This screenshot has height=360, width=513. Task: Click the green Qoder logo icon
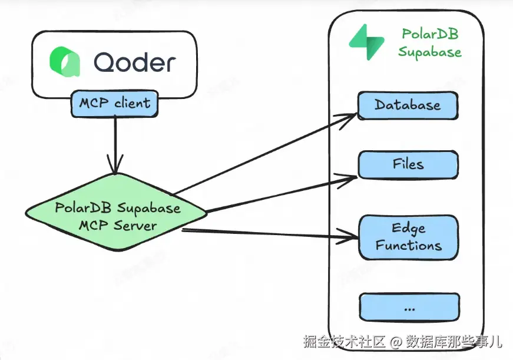coord(64,62)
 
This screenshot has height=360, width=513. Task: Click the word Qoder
coord(134,62)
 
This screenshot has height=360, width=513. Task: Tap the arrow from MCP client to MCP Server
coord(114,141)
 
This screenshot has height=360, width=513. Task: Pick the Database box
coord(408,106)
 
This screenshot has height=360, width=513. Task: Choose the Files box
coord(408,164)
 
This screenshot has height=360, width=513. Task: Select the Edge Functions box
coord(408,236)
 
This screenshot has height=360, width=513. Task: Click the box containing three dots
coord(408,308)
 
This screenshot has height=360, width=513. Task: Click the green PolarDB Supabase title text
coord(429,43)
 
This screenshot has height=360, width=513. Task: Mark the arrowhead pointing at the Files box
coord(352,176)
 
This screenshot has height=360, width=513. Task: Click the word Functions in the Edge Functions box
coord(409,245)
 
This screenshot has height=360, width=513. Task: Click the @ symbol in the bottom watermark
coord(394,341)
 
